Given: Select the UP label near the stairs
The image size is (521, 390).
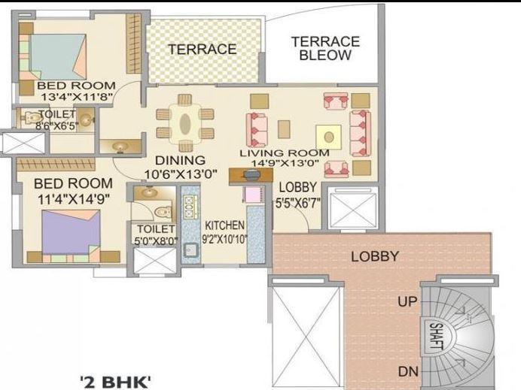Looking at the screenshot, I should click(x=407, y=302).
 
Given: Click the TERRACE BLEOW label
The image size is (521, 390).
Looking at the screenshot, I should click(x=325, y=48).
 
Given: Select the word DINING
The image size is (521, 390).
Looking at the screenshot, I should click(x=180, y=160).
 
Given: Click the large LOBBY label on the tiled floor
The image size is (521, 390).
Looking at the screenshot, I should click(x=375, y=256).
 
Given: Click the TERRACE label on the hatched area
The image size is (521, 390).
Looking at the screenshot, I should click(x=202, y=50).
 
